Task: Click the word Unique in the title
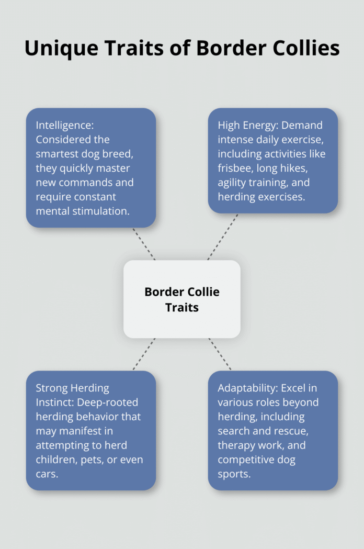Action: (61, 49)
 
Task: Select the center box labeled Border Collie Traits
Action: (182, 299)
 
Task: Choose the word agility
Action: (230, 183)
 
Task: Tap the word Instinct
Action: (54, 402)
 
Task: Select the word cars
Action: (47, 475)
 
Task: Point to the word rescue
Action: (293, 431)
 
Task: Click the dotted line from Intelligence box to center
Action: (143, 244)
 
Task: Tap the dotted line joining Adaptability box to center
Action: (220, 354)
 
